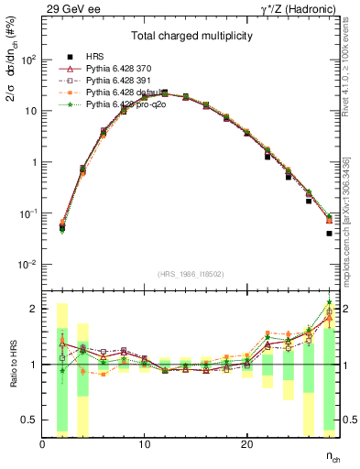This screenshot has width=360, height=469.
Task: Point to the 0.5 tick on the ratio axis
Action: [30, 420]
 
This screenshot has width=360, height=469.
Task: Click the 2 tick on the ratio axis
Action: [34, 309]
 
